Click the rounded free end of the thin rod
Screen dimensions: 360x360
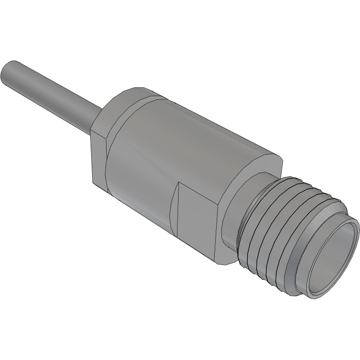9,72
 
